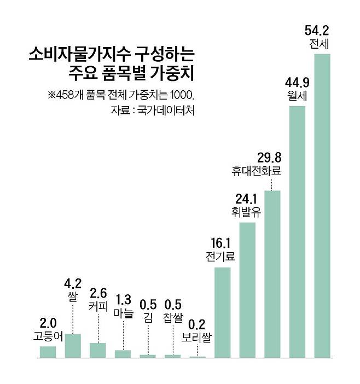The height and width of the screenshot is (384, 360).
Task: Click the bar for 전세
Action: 322,205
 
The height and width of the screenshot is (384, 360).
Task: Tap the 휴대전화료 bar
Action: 272,274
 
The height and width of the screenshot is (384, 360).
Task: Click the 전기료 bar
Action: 222,312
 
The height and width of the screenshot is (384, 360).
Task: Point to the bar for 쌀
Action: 73,345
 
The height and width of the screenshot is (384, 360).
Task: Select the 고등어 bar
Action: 48,352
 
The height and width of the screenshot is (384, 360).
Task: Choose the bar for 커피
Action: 98,350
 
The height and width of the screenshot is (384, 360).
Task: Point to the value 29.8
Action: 270,158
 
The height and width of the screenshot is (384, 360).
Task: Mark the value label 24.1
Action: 246,198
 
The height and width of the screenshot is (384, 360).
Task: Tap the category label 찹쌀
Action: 173,317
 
